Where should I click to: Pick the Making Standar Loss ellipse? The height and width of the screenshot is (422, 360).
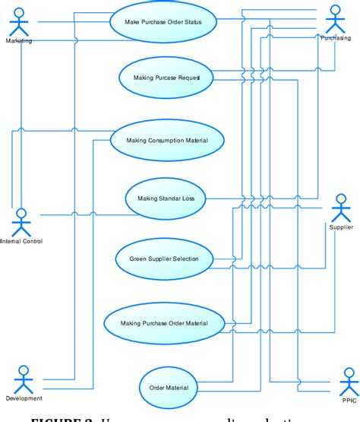coord(165,198)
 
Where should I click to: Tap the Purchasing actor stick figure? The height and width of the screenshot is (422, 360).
coord(335,18)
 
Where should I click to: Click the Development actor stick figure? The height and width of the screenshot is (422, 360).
coord(24,378)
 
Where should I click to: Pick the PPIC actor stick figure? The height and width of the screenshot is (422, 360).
coord(349,379)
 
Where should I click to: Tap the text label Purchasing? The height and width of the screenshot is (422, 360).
coord(335,37)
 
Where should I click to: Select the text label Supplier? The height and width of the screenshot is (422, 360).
coord(342,227)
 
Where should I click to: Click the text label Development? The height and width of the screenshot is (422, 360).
coord(24,398)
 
